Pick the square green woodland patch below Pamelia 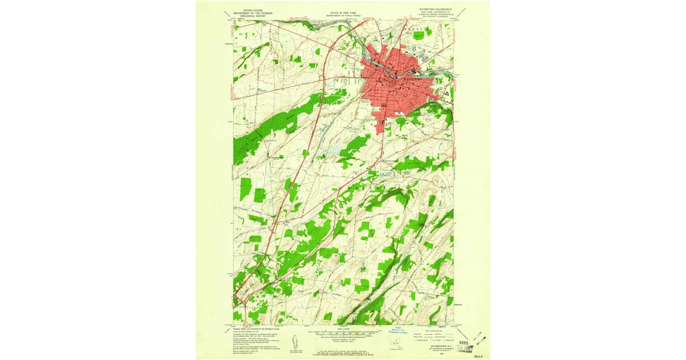click(x=419, y=35)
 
